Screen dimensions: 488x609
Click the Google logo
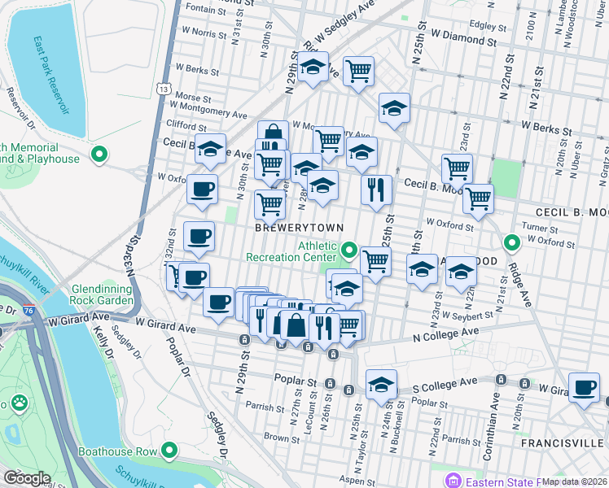(27, 477)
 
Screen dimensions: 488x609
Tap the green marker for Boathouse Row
(169, 450)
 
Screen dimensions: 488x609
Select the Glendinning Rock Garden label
(102, 294)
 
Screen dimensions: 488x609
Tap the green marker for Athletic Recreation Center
(349, 249)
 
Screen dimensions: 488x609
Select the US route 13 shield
(165, 87)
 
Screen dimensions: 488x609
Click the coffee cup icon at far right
(583, 387)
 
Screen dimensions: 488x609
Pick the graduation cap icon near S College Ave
(380, 386)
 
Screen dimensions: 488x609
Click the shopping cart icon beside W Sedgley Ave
(358, 72)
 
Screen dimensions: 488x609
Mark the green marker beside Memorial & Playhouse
(99, 154)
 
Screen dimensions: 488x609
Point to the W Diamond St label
(464, 38)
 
